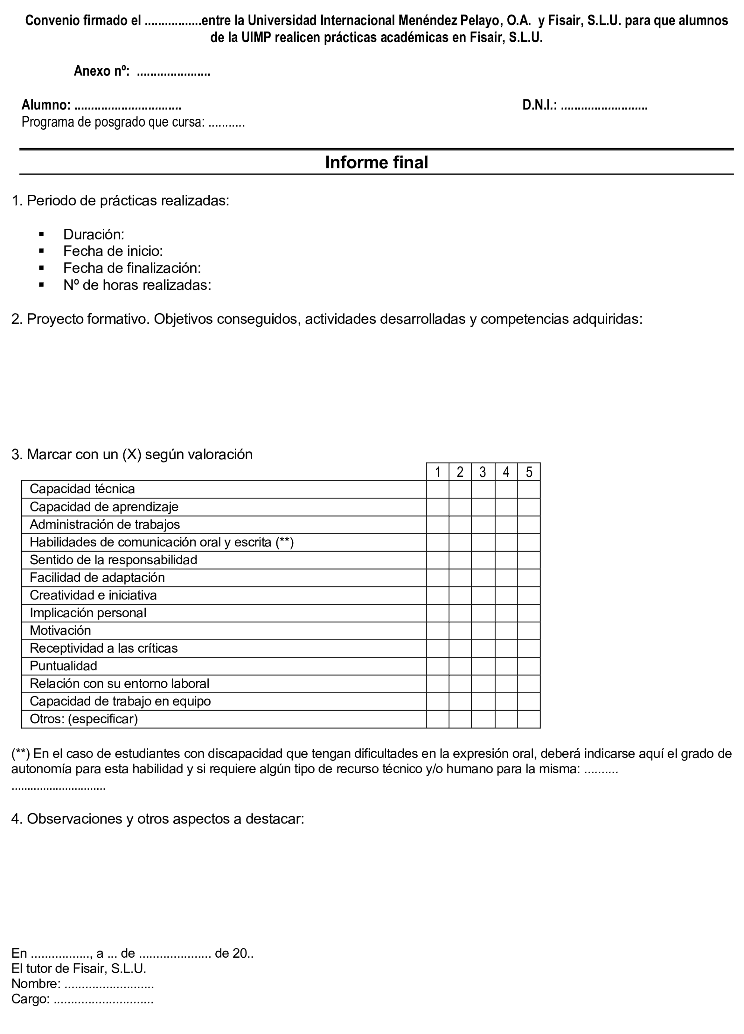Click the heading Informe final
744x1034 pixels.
click(x=376, y=163)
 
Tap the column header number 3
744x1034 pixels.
click(x=482, y=472)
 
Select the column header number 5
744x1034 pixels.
click(x=529, y=472)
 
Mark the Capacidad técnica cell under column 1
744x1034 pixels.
click(x=438, y=489)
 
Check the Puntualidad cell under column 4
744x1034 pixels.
click(x=506, y=666)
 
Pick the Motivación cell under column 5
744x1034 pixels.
click(x=529, y=631)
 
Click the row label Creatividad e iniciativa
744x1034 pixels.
click(x=93, y=596)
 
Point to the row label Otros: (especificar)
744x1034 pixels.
click(x=83, y=719)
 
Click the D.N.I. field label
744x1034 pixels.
click(x=540, y=105)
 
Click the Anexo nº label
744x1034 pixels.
click(x=102, y=71)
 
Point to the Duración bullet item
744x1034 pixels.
click(x=94, y=234)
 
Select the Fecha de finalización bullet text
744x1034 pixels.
click(x=132, y=268)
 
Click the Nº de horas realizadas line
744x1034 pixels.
click(x=137, y=285)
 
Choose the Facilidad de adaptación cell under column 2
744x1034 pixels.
click(x=460, y=578)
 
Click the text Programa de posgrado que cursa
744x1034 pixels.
click(x=113, y=123)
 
